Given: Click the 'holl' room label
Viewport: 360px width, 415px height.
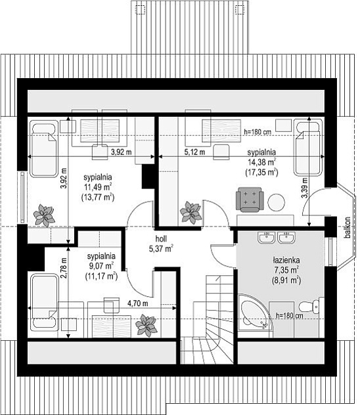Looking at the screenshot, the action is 161,239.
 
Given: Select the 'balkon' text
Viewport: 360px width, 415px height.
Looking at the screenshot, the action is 348,228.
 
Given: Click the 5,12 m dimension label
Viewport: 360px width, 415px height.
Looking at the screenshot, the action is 194,152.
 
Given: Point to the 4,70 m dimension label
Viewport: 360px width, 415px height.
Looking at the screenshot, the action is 138,303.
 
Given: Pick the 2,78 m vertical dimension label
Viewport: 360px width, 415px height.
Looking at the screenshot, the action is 64,269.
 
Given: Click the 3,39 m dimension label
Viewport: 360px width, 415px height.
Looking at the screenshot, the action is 304,188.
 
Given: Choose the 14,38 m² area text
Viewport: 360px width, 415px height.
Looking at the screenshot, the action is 261,162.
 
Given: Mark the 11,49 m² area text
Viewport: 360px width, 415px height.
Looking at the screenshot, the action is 98,187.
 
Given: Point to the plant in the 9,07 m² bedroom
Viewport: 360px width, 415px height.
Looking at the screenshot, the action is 146,325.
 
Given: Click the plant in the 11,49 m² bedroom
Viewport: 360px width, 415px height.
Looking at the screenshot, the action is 44,215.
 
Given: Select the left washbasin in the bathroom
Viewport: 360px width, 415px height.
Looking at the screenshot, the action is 266,237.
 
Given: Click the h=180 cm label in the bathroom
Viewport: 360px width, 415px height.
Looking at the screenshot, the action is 289,315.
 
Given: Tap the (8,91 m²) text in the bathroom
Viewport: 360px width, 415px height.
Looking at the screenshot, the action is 286,280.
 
